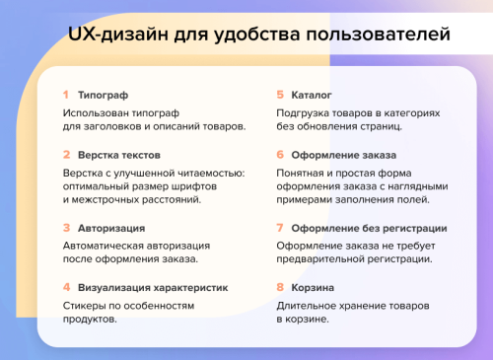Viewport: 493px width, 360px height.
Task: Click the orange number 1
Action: (65, 96)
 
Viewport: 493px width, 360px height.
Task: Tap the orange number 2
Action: (66, 155)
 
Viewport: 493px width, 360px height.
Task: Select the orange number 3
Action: (66, 228)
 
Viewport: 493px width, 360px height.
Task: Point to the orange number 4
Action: (66, 287)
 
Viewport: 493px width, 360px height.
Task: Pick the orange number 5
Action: (280, 96)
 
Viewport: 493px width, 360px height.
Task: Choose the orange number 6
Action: (280, 155)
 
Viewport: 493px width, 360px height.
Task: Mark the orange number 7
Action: (280, 228)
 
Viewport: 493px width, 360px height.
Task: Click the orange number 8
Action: (280, 287)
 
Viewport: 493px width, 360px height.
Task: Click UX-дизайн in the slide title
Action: (110, 36)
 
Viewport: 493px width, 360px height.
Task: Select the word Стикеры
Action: (86, 306)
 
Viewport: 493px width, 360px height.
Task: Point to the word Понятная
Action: (302, 173)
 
